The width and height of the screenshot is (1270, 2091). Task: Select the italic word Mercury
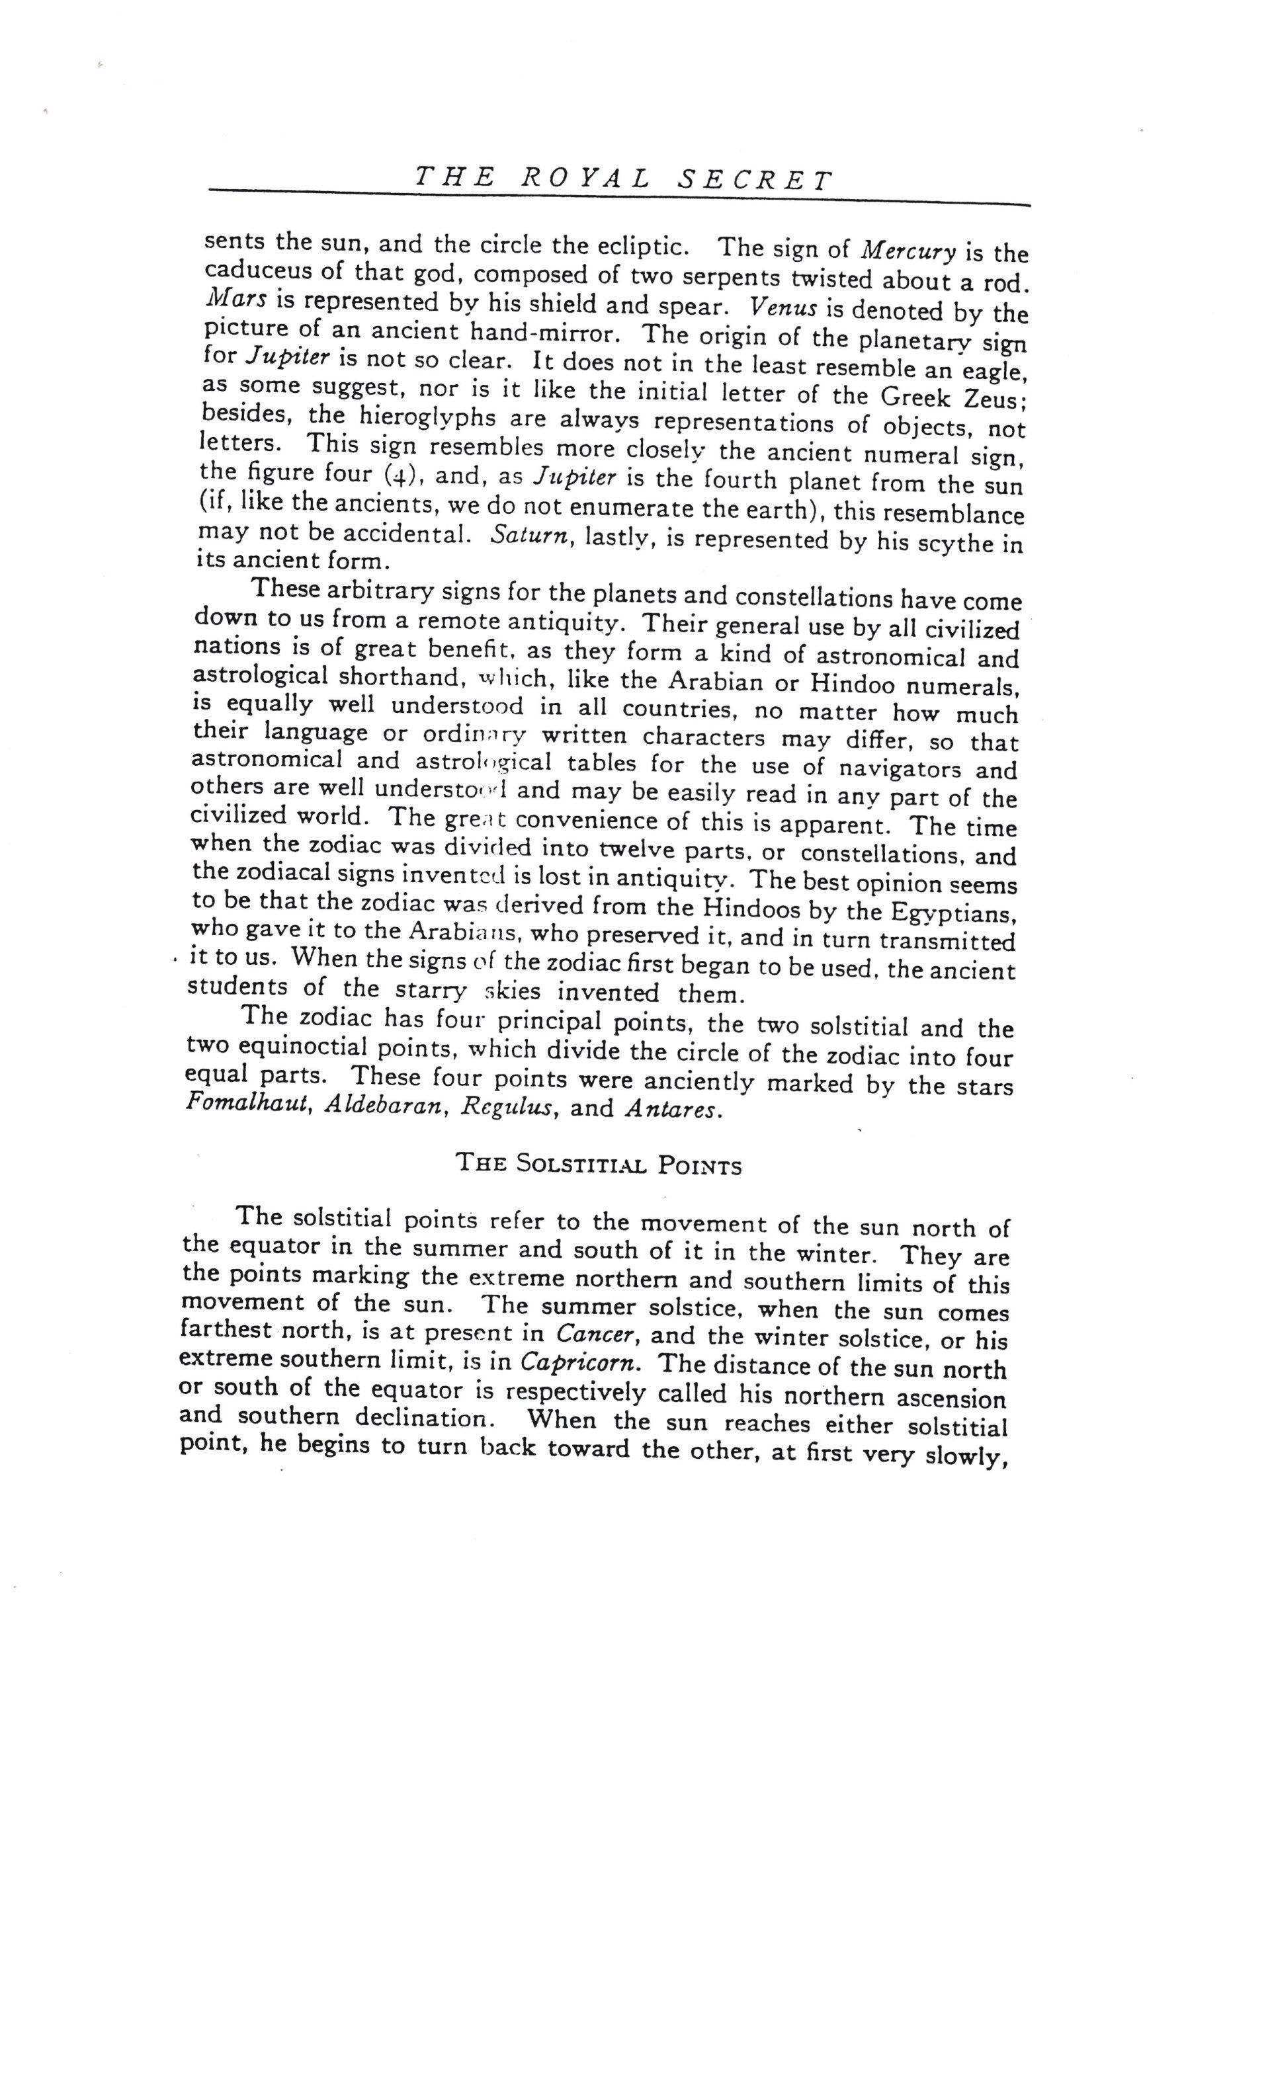908,251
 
